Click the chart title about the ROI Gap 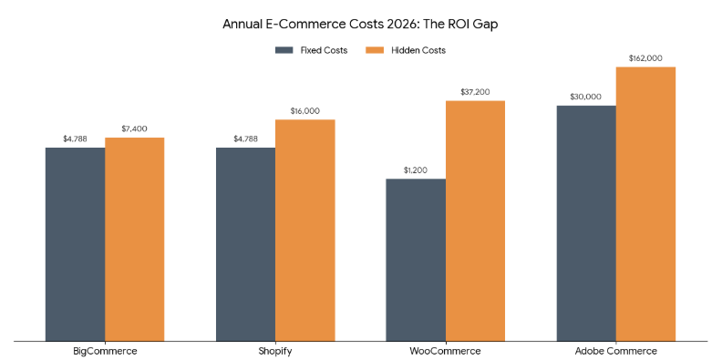[x=360, y=24]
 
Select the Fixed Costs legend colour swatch [x=284, y=50]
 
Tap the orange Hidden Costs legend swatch [x=372, y=50]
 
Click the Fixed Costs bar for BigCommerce [x=75, y=244]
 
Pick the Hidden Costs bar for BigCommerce [x=134, y=240]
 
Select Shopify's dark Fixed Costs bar [x=245, y=244]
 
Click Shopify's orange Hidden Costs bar [x=304, y=231]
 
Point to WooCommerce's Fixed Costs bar [x=416, y=260]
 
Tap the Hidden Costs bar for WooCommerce [x=475, y=221]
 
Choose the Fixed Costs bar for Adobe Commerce [x=586, y=223]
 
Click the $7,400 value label [x=134, y=129]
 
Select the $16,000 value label [x=304, y=110]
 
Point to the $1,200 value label [x=416, y=170]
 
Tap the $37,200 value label [x=475, y=91]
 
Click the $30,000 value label [x=586, y=97]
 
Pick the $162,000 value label [x=645, y=58]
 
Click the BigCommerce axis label [x=105, y=351]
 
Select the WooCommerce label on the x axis [x=446, y=351]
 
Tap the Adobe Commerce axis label [x=616, y=351]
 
